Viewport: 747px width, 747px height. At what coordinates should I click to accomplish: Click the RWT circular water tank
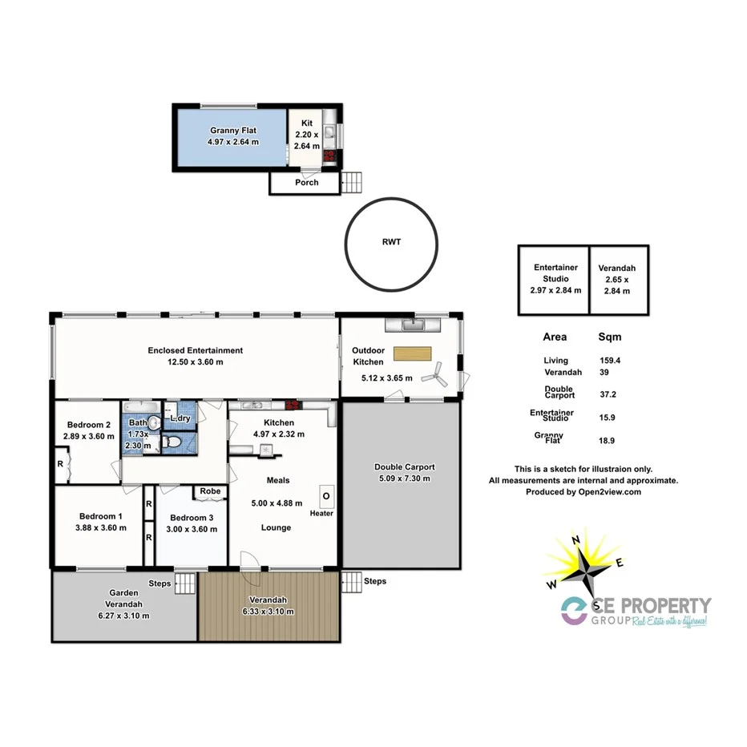tap(391, 241)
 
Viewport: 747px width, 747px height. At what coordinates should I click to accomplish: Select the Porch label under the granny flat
tap(306, 183)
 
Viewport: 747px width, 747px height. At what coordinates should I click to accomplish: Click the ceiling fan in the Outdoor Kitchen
tap(434, 370)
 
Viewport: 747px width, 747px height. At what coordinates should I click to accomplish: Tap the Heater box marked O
tap(326, 496)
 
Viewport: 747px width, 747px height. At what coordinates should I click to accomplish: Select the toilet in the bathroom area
tap(171, 442)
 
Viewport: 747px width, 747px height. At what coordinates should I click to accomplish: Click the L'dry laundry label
tap(180, 418)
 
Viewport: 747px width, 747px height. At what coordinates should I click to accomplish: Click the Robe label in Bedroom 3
tap(211, 491)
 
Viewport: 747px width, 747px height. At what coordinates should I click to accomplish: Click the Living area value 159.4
tap(610, 361)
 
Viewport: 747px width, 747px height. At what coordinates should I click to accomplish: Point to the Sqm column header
tap(609, 337)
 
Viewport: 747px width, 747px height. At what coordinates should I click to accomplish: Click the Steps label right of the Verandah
tap(374, 581)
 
